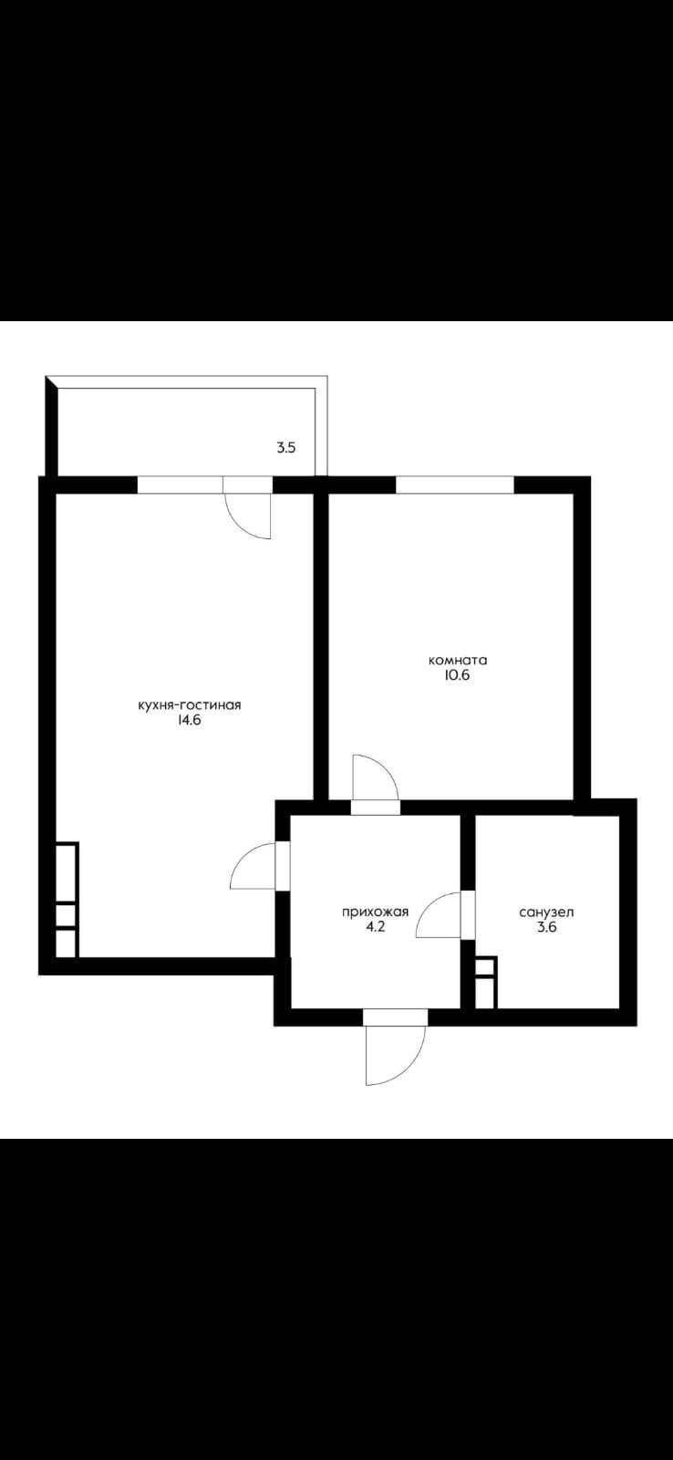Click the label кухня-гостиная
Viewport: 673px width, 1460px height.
click(189, 705)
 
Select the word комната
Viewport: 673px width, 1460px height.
click(458, 661)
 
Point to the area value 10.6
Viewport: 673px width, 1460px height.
click(457, 675)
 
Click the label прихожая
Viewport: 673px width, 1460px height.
click(376, 912)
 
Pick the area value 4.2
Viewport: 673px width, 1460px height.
click(376, 927)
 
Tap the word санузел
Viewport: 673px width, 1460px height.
click(546, 912)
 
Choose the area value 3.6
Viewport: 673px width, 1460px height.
click(546, 927)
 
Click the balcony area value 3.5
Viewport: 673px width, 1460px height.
click(286, 448)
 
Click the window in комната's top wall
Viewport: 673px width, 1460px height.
click(455, 485)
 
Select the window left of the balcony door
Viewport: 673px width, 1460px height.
click(181, 485)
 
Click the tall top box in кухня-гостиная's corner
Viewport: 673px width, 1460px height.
click(67, 872)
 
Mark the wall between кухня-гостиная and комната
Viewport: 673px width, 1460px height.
click(320, 644)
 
